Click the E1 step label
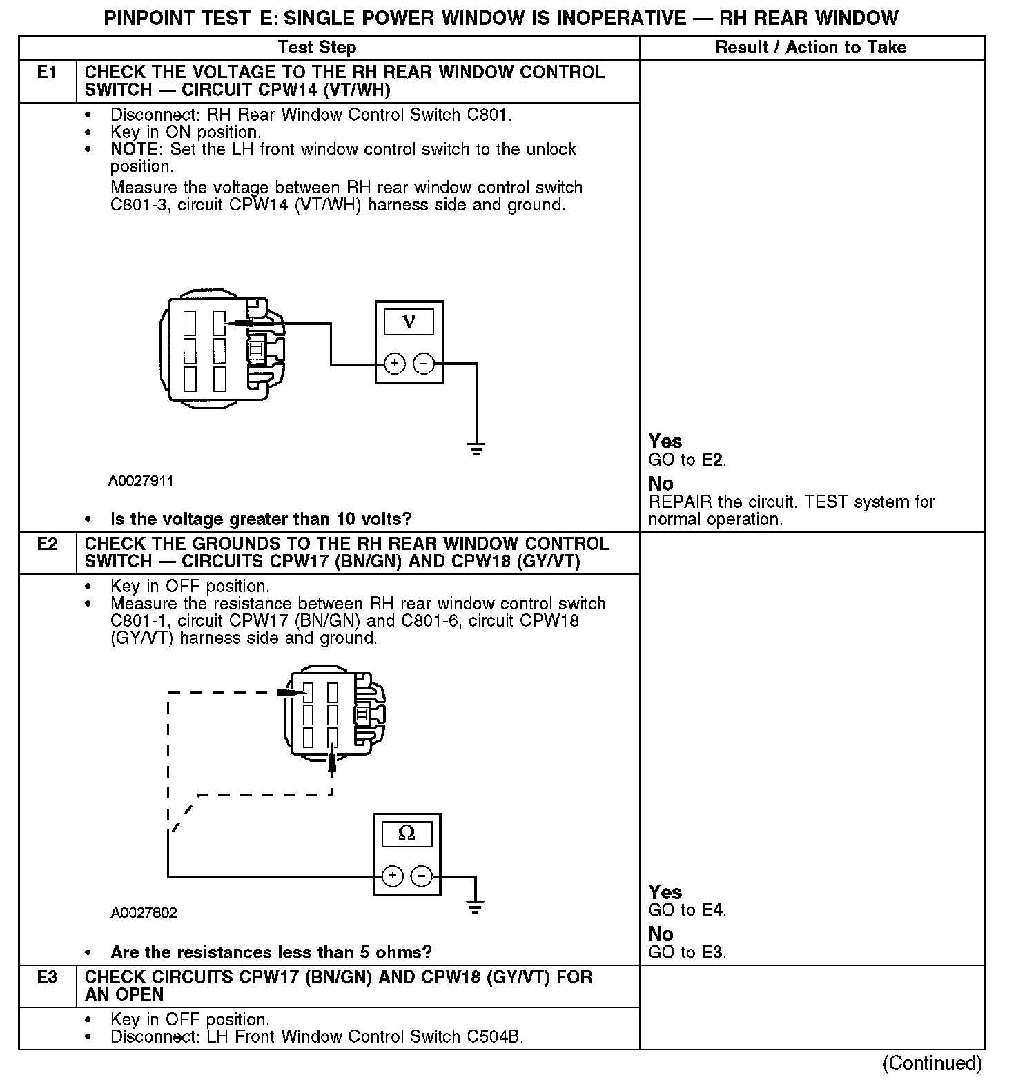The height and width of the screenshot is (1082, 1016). coord(46,72)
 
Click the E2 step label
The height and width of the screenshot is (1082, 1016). coord(46,544)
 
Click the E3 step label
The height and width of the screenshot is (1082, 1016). coord(46,977)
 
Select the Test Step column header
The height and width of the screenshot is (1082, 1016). coord(317,48)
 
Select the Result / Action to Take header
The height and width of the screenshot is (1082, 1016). coord(811,48)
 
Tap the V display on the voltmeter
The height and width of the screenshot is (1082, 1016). coord(409,322)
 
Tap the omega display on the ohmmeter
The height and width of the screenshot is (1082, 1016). coord(407,834)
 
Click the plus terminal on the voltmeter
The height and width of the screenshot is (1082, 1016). coord(394,363)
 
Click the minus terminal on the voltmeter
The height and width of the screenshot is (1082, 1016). coord(424,363)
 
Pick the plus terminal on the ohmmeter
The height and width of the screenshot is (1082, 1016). coord(392,876)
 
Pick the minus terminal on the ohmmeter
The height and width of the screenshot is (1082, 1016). coord(422,876)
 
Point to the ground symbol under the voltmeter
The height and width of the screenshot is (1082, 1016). coord(476,449)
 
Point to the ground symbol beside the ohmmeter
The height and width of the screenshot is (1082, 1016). coord(475,907)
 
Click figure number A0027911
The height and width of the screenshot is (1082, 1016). coord(141,481)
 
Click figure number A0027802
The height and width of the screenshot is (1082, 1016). coord(144,912)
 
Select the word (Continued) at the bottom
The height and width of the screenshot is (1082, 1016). coord(932,1063)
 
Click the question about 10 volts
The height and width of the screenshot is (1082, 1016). coord(261,519)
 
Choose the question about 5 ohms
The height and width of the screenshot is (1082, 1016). coord(271,952)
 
